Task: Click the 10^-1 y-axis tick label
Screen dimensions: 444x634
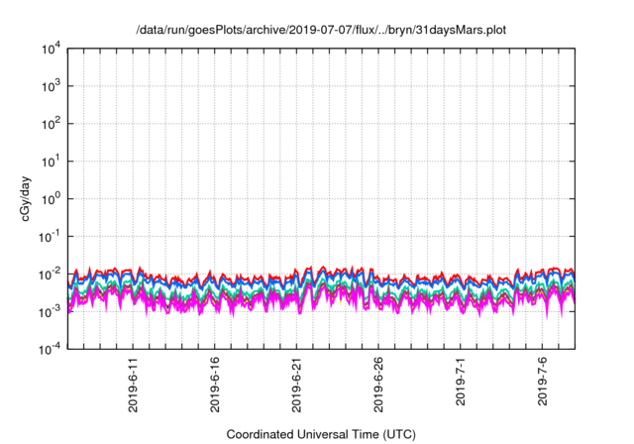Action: pyautogui.click(x=51, y=236)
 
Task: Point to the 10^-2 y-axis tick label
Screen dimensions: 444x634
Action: pyautogui.click(x=51, y=274)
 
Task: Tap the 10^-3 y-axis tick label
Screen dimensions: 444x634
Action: pyautogui.click(x=51, y=311)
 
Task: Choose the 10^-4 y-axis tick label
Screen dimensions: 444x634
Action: pyautogui.click(x=51, y=348)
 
